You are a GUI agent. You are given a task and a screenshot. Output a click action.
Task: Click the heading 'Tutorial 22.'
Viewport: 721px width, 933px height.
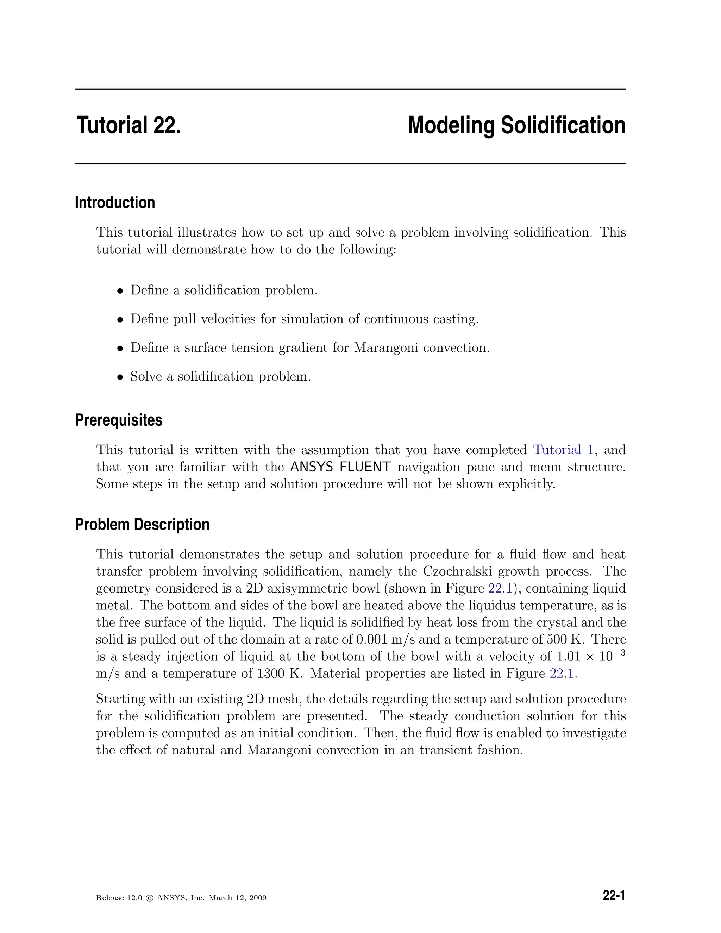point(128,126)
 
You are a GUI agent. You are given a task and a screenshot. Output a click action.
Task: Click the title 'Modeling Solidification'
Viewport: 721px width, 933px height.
point(516,126)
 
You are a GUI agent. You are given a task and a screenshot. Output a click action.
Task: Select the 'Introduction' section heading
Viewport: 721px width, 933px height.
point(115,202)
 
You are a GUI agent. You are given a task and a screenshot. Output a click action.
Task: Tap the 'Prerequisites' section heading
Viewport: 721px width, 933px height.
point(119,420)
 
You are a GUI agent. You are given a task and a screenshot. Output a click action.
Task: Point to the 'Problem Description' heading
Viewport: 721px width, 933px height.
point(142,524)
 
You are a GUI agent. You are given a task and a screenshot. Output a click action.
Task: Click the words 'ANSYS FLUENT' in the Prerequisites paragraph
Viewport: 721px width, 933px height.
point(340,467)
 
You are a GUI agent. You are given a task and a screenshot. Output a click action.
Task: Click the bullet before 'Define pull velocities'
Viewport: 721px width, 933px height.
point(120,320)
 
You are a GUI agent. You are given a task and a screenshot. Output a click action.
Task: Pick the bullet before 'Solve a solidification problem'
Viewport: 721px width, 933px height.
point(120,377)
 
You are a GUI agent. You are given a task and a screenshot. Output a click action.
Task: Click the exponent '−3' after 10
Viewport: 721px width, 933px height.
point(620,652)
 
